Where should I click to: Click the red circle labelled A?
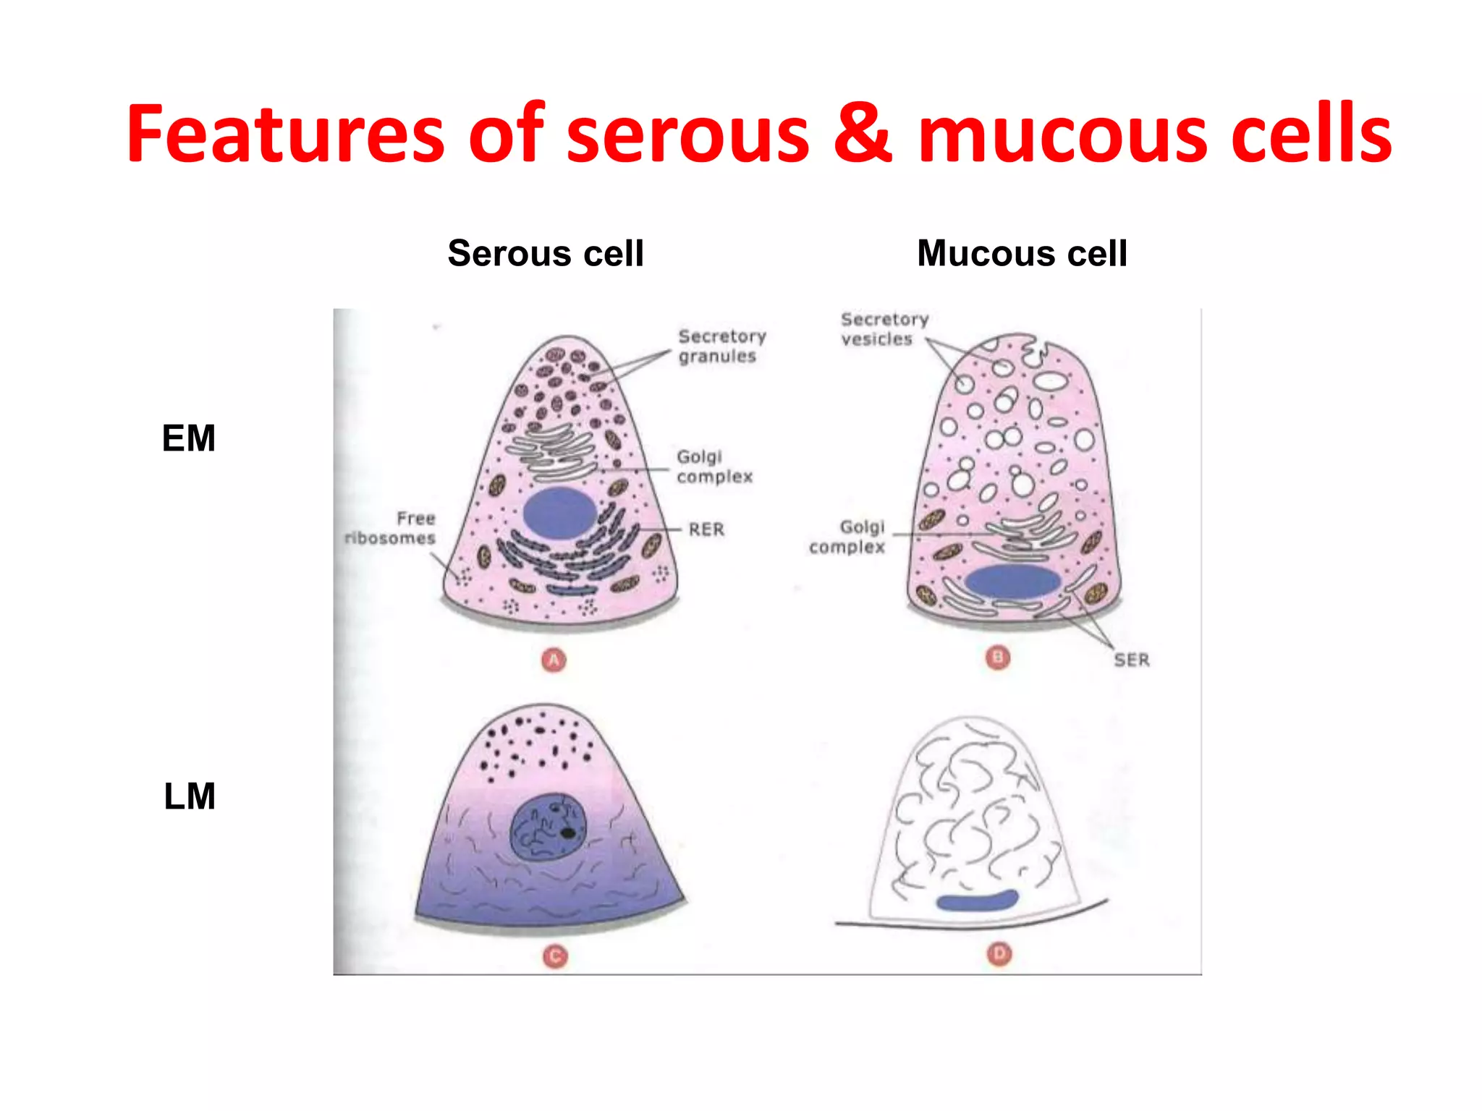pyautogui.click(x=554, y=660)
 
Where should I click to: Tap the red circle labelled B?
pyautogui.click(x=998, y=657)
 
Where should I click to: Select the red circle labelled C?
pyautogui.click(x=555, y=957)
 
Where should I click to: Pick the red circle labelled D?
pyautogui.click(x=999, y=954)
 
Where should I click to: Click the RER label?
pyautogui.click(x=706, y=529)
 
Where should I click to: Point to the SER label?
pyautogui.click(x=1132, y=660)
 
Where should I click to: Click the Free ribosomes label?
pyautogui.click(x=391, y=528)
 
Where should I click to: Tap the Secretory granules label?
pyautogui.click(x=721, y=346)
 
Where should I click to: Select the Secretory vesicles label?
pyautogui.click(x=884, y=329)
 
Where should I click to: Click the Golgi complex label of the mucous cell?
pyautogui.click(x=848, y=537)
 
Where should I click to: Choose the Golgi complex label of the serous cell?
pyautogui.click(x=714, y=467)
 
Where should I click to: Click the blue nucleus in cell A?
pyautogui.click(x=559, y=512)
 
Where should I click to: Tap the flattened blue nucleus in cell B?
pyautogui.click(x=1012, y=581)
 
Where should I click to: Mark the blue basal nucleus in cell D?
pyautogui.click(x=977, y=901)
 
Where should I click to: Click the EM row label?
pyautogui.click(x=189, y=438)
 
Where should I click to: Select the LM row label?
pyautogui.click(x=190, y=796)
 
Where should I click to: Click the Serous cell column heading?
pyautogui.click(x=546, y=253)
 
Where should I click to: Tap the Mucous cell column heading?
pyautogui.click(x=1022, y=253)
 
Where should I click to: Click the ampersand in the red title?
pyautogui.click(x=863, y=134)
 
